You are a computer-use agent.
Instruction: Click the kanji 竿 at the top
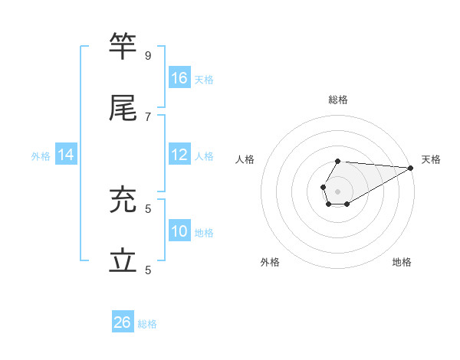[123, 47]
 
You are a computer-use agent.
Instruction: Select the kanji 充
[123, 201]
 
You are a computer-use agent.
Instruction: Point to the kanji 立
[123, 262]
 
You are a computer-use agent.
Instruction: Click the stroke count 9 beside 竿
[148, 55]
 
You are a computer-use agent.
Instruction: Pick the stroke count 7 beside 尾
[148, 116]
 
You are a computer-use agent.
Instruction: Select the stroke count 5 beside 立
[148, 270]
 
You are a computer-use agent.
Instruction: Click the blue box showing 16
[179, 78]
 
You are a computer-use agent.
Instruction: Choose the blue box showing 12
[179, 155]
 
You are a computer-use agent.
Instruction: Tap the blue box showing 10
[179, 231]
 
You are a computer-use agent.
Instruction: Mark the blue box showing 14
[66, 155]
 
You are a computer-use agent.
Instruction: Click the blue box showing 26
[123, 322]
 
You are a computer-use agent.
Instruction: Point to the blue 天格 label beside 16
[204, 80]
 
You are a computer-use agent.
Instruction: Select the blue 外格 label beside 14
[41, 156]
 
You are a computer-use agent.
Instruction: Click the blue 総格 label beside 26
[147, 324]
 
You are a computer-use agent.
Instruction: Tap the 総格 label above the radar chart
[338, 100]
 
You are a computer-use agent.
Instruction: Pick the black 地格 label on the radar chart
[402, 262]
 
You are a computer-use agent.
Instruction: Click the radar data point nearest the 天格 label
[411, 168]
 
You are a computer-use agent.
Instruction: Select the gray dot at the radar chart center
[337, 190]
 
